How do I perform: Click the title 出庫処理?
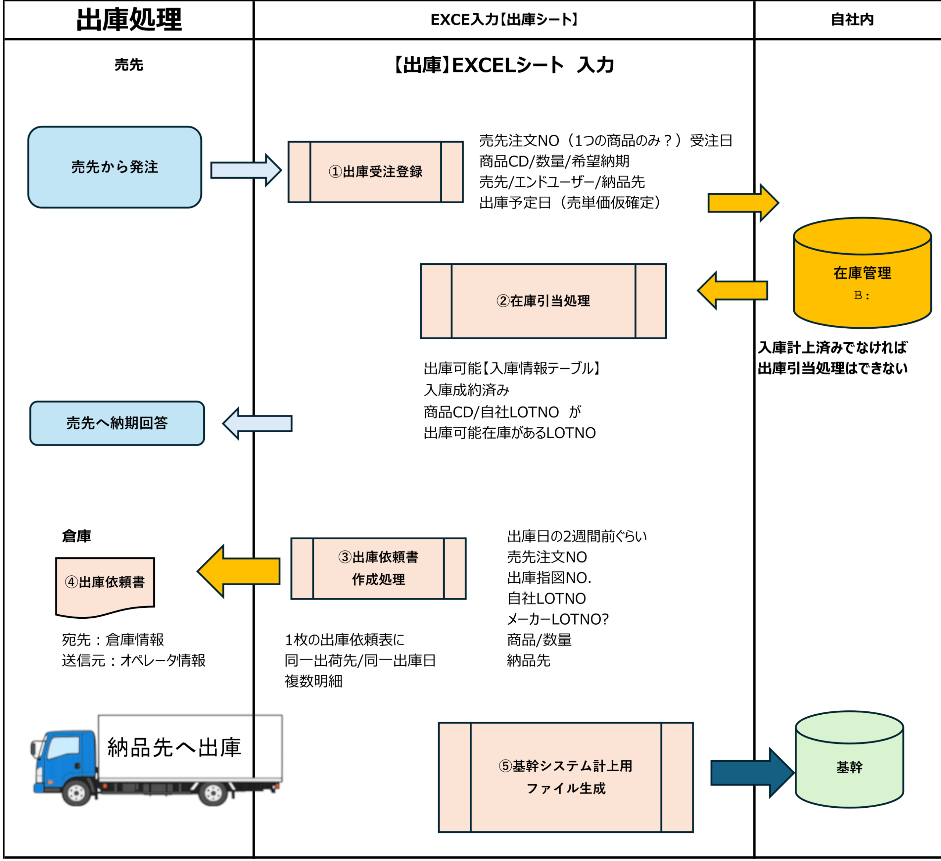tap(129, 19)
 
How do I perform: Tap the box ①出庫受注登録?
tap(375, 172)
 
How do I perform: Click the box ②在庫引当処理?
tap(543, 301)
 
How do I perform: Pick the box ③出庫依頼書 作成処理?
tap(378, 568)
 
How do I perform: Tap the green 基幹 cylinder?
tap(849, 767)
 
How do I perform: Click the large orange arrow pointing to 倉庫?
tap(238, 571)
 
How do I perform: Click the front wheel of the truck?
tap(76, 792)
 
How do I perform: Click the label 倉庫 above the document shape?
tap(76, 536)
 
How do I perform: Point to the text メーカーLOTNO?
tap(558, 619)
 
